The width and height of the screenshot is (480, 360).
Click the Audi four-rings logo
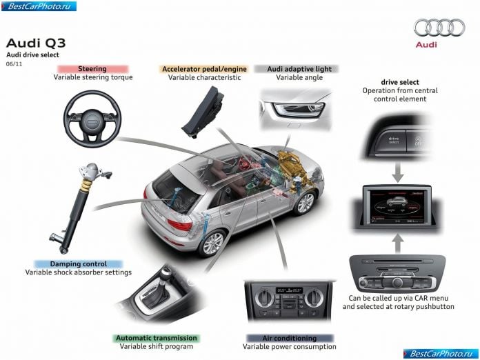[439, 28]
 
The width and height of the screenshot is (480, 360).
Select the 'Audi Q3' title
[36, 43]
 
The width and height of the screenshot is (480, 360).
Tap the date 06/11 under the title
[14, 64]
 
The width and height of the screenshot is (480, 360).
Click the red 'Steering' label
[92, 68]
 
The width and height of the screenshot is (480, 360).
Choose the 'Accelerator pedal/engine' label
[204, 69]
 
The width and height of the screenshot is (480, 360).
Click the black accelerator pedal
[203, 111]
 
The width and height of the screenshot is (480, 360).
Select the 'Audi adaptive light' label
[299, 69]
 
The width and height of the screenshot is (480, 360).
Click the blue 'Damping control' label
[79, 264]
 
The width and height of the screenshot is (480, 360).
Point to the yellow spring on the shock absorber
[87, 184]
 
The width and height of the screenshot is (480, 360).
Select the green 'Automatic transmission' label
[157, 338]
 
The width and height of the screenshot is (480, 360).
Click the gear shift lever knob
[166, 272]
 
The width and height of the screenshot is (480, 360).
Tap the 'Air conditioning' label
[290, 338]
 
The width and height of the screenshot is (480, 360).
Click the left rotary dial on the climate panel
[265, 297]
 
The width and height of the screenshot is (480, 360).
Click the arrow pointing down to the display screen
[398, 172]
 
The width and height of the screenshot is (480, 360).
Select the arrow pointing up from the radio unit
[398, 243]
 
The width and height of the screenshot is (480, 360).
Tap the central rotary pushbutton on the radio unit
[397, 282]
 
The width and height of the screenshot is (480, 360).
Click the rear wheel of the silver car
[212, 243]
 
